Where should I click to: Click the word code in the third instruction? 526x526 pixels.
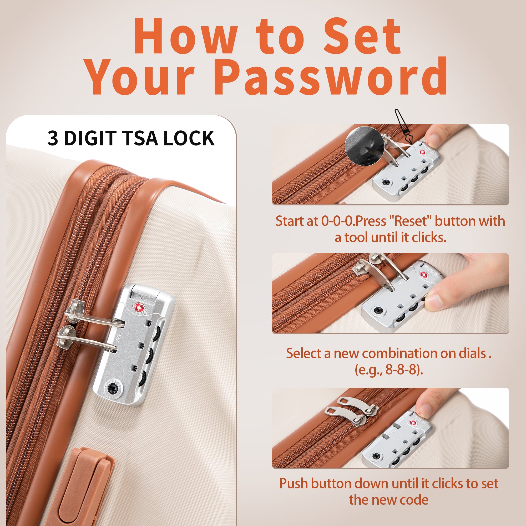[x=416, y=500]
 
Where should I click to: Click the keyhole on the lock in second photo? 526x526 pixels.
[x=379, y=309]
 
